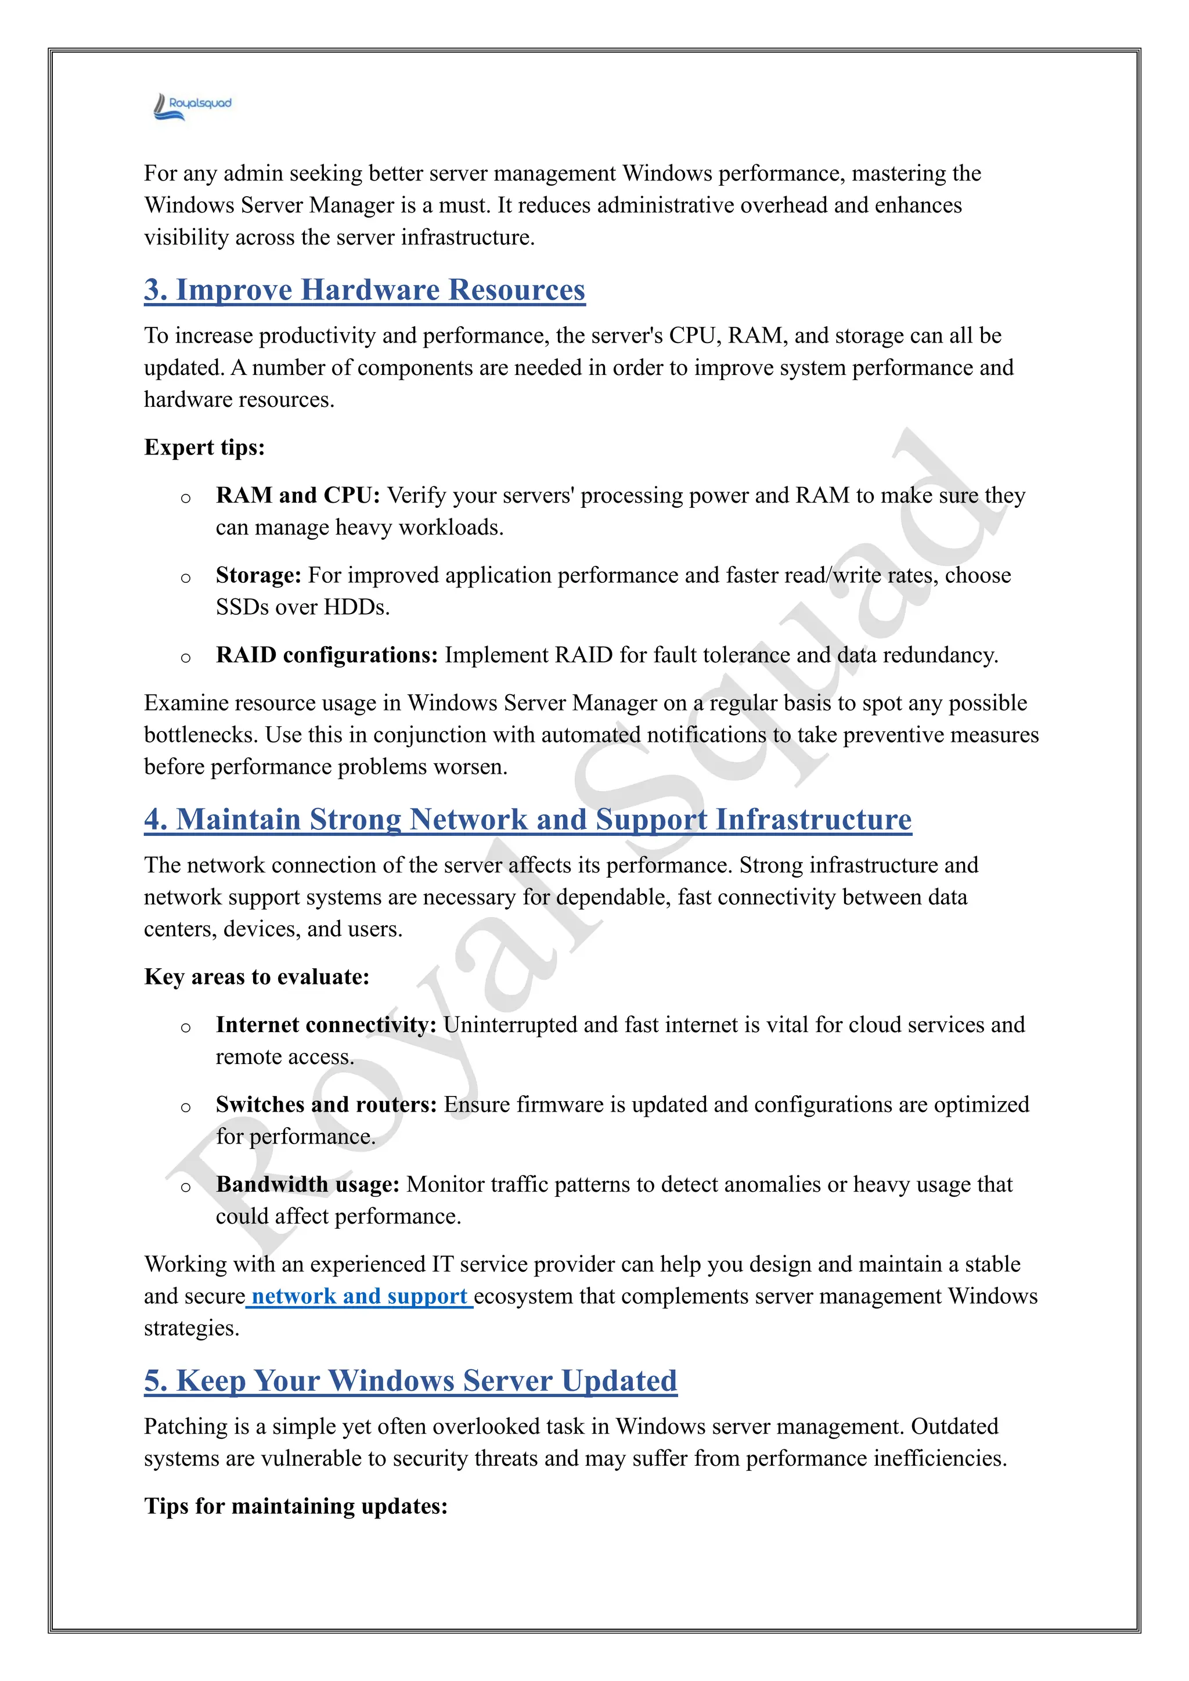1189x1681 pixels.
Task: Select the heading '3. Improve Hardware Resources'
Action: (x=364, y=290)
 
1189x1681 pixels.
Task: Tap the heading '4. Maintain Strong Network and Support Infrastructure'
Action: (x=527, y=819)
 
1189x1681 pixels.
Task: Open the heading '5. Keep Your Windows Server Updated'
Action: (x=410, y=1381)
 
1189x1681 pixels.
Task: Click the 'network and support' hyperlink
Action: (x=359, y=1296)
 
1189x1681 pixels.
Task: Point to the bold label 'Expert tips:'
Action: (x=204, y=448)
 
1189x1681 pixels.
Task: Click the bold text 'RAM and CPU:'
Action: (x=297, y=496)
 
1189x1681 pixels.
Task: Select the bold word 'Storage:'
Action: (x=258, y=575)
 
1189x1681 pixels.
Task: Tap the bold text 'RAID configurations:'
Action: (x=326, y=655)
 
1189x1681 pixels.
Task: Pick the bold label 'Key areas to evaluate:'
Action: (x=256, y=977)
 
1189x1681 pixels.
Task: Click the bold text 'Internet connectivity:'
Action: (x=326, y=1025)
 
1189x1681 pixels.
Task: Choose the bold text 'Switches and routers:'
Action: (x=326, y=1105)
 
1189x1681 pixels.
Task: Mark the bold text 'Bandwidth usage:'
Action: (x=308, y=1185)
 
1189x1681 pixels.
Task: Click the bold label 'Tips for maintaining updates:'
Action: (x=295, y=1506)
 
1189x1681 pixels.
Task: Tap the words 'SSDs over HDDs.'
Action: (x=302, y=608)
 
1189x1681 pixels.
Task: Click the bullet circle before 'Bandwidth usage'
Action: (x=186, y=1187)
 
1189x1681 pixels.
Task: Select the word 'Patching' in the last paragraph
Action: (x=186, y=1426)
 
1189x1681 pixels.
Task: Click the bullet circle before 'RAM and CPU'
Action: (x=186, y=498)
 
